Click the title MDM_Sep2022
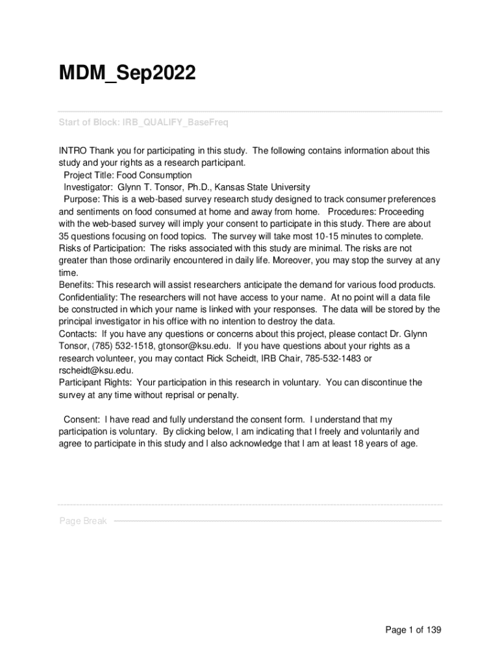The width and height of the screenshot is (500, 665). tap(127, 74)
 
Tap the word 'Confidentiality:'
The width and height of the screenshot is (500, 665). tap(89, 297)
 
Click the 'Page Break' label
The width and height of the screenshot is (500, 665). tap(83, 521)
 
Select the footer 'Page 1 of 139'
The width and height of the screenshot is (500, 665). tap(413, 629)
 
